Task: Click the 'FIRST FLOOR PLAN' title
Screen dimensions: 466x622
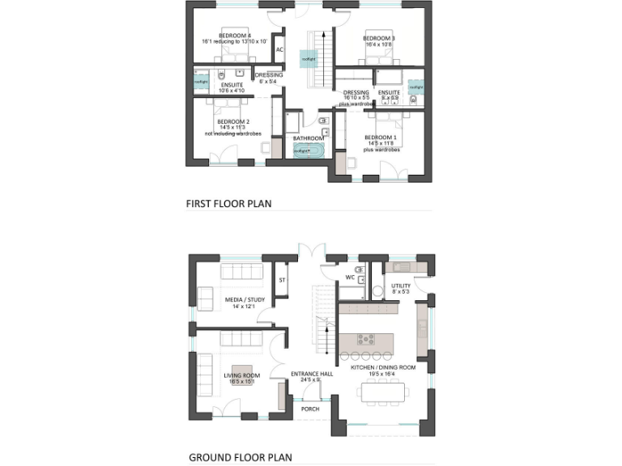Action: point(228,204)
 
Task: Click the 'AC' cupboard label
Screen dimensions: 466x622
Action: point(279,49)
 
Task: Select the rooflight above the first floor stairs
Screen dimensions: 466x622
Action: point(309,59)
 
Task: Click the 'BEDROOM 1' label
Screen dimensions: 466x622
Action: point(380,138)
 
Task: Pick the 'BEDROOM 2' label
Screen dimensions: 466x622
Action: point(222,122)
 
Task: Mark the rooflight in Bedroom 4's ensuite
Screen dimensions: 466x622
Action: point(201,81)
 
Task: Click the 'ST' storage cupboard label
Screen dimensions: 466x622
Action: point(282,280)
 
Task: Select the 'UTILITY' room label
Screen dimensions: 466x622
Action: point(401,286)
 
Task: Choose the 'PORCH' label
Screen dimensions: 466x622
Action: point(309,409)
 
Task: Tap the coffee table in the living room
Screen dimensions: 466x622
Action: point(241,379)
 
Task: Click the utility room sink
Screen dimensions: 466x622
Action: point(403,267)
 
